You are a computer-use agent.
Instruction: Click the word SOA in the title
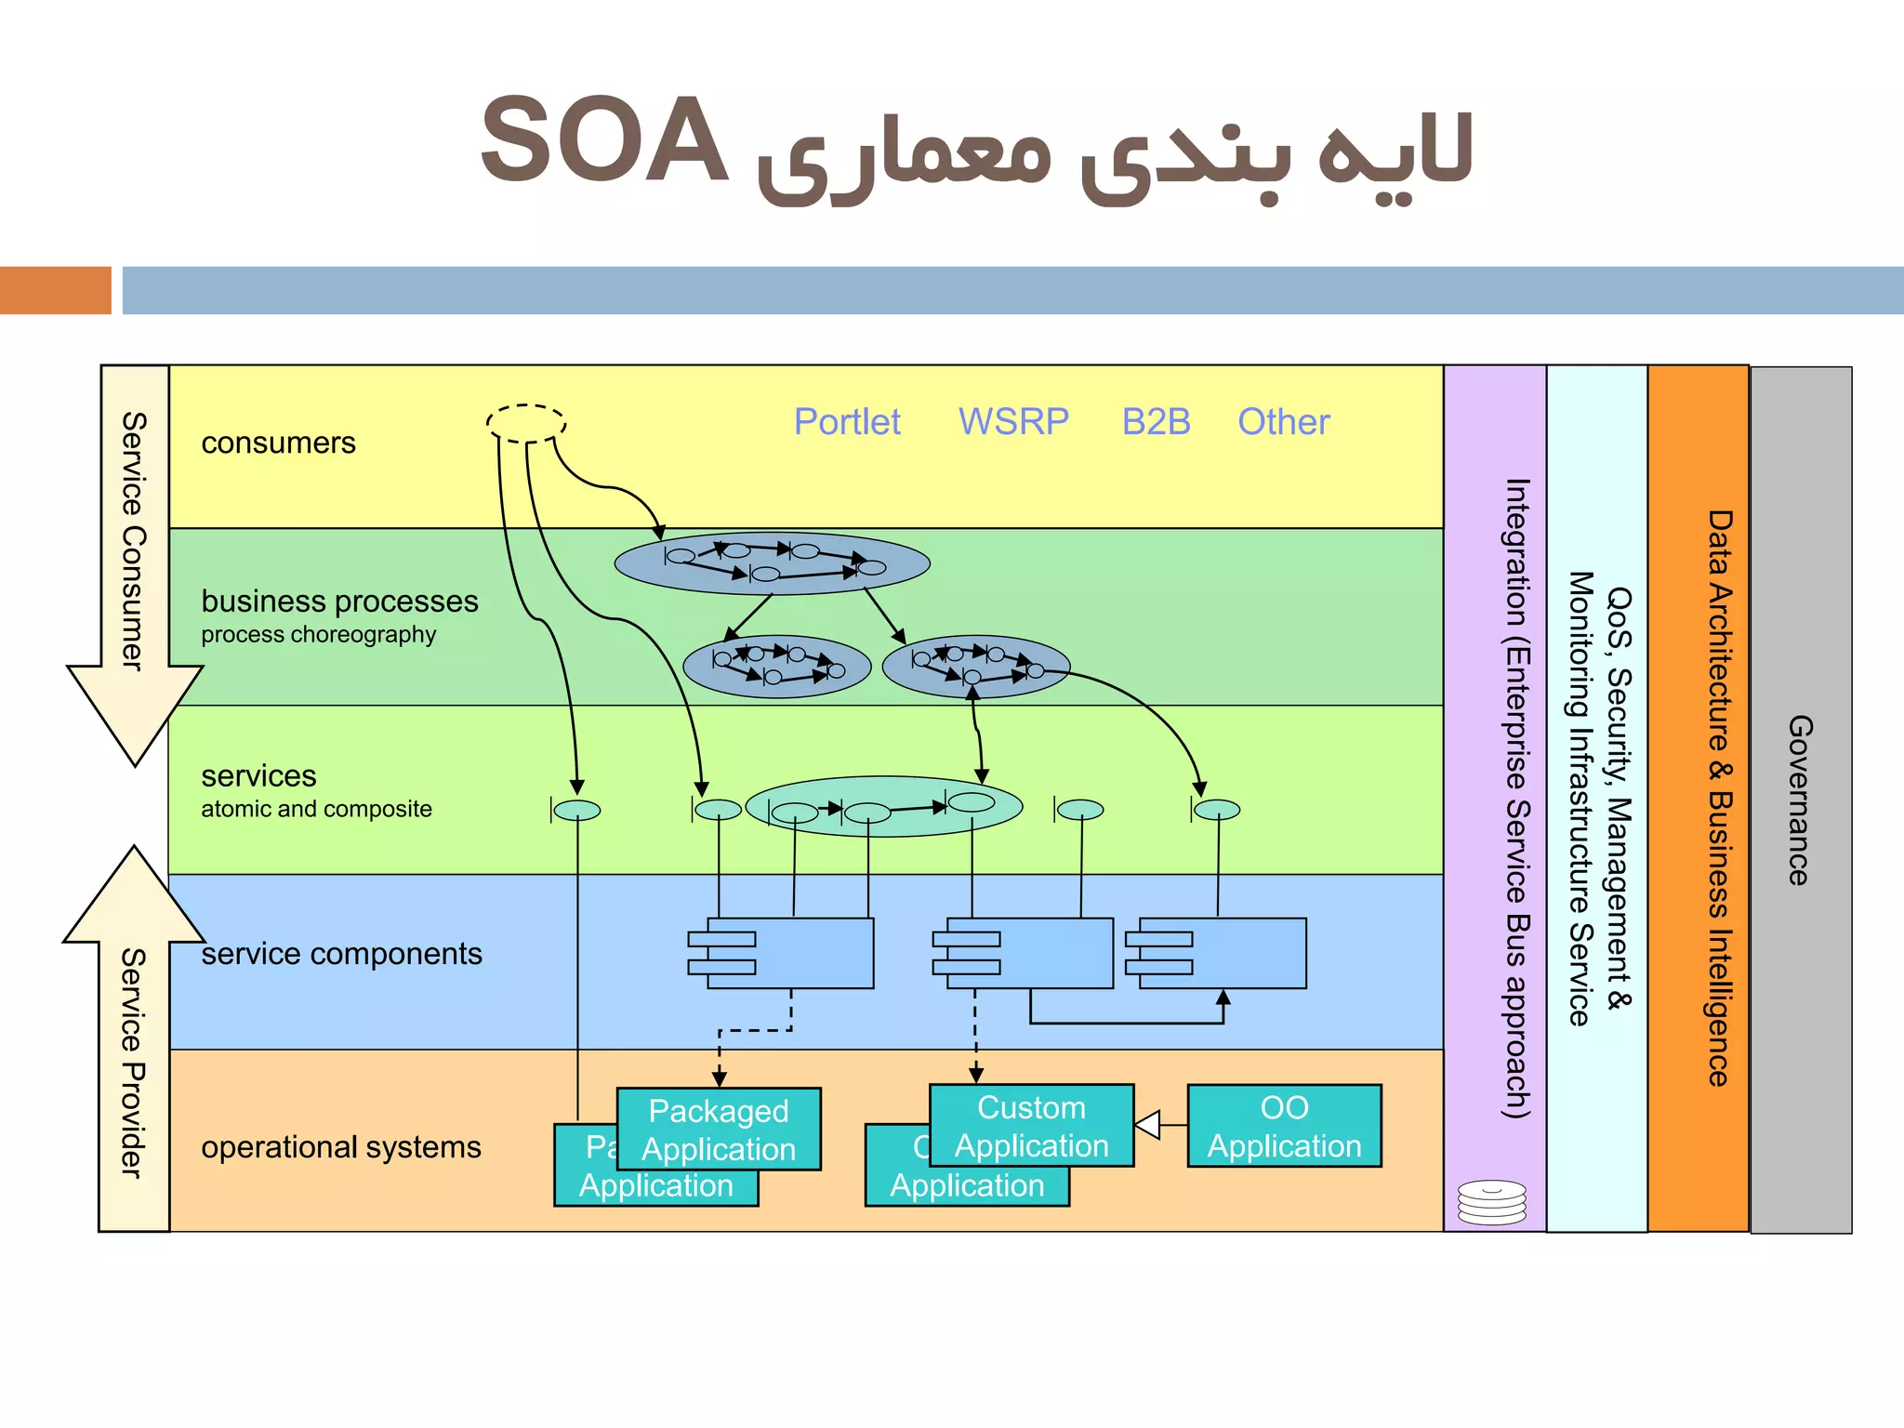(602, 141)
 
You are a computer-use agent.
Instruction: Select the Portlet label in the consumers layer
(846, 422)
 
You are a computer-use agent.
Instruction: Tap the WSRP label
(1013, 422)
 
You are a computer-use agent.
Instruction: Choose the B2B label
(1156, 422)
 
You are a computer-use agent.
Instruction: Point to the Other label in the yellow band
(1283, 422)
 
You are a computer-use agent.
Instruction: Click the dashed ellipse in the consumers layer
(526, 423)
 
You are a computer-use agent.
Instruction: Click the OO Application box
(1284, 1126)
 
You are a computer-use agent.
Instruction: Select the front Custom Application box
(1031, 1126)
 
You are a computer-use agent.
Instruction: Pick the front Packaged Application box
(719, 1130)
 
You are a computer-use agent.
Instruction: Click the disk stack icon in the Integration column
(1491, 1202)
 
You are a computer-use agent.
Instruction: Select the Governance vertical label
(1800, 800)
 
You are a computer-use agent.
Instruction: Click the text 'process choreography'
(318, 635)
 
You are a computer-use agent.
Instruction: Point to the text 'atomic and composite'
(316, 809)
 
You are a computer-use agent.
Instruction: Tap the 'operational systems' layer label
(341, 1147)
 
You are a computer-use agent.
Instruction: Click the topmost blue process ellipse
(772, 563)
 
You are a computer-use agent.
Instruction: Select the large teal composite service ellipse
(883, 807)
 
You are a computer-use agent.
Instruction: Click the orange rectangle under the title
(55, 290)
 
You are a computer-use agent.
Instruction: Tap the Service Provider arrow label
(134, 1063)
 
